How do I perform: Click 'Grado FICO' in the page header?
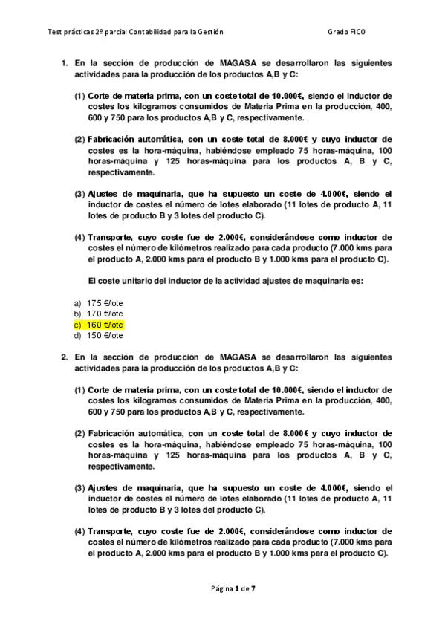(345, 32)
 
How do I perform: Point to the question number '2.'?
(65, 357)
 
